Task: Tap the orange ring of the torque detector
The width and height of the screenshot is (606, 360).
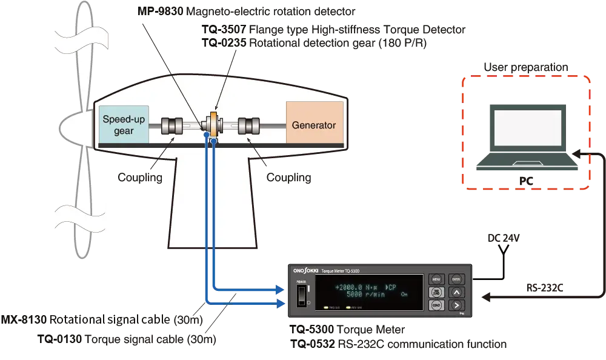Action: click(x=213, y=125)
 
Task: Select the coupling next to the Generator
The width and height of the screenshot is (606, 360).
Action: click(x=249, y=126)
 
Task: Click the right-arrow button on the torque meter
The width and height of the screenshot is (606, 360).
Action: click(x=456, y=305)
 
